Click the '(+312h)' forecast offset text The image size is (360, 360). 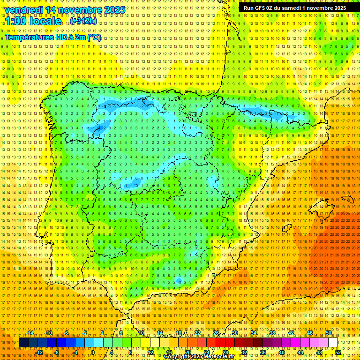point(84,21)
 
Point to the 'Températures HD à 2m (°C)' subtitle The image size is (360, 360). point(53,37)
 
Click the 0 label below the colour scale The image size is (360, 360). point(93,352)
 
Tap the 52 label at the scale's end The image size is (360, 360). point(338,352)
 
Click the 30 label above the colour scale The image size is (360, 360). point(234,333)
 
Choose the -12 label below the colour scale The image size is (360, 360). point(39,352)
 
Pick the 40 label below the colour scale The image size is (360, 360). point(281,352)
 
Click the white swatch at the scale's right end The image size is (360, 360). point(333,343)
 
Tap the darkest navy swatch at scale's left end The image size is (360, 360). point(23,343)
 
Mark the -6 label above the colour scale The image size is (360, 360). point(67,333)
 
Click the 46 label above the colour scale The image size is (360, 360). point(309,333)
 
